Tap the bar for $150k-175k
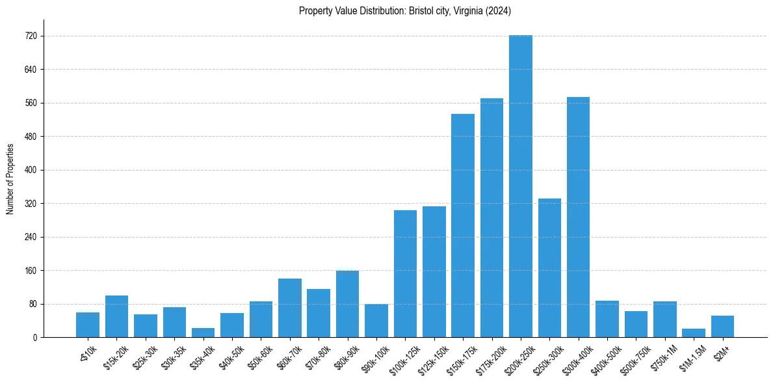(462, 225)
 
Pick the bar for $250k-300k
(549, 267)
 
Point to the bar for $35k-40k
(203, 333)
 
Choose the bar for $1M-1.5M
(694, 333)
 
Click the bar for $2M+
(722, 327)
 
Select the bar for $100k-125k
(405, 273)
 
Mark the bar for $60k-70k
(289, 308)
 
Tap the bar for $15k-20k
(116, 316)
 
